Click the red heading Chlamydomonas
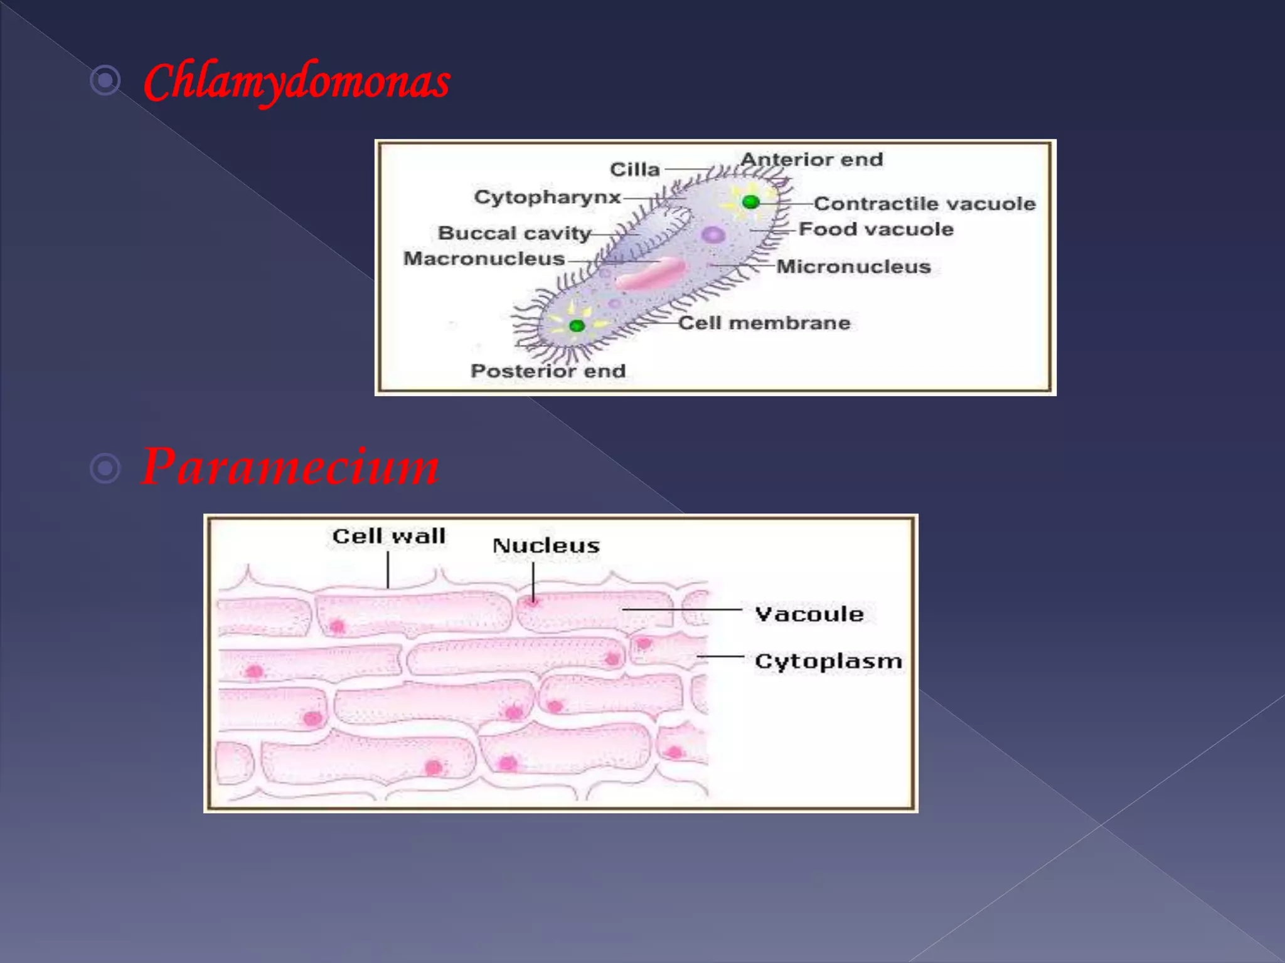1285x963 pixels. click(297, 82)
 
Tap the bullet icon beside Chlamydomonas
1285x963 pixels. click(105, 80)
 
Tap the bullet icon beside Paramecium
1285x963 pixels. click(105, 468)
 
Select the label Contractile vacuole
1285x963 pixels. click(925, 204)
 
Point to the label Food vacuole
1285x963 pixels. click(876, 229)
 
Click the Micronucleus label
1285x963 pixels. click(853, 267)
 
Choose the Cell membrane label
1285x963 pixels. click(764, 323)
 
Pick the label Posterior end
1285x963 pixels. click(548, 371)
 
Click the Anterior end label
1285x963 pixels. click(811, 160)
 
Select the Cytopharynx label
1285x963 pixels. click(547, 197)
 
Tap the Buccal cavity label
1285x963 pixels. click(515, 233)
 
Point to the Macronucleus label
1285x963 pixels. click(484, 258)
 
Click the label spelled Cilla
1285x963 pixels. click(635, 169)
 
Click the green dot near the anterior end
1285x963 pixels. click(750, 202)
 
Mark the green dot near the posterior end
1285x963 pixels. click(577, 325)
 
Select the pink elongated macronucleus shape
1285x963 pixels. click(649, 274)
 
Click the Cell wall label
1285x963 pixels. click(389, 536)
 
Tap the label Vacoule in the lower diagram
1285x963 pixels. click(809, 614)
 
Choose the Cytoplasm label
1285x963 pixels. click(828, 661)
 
